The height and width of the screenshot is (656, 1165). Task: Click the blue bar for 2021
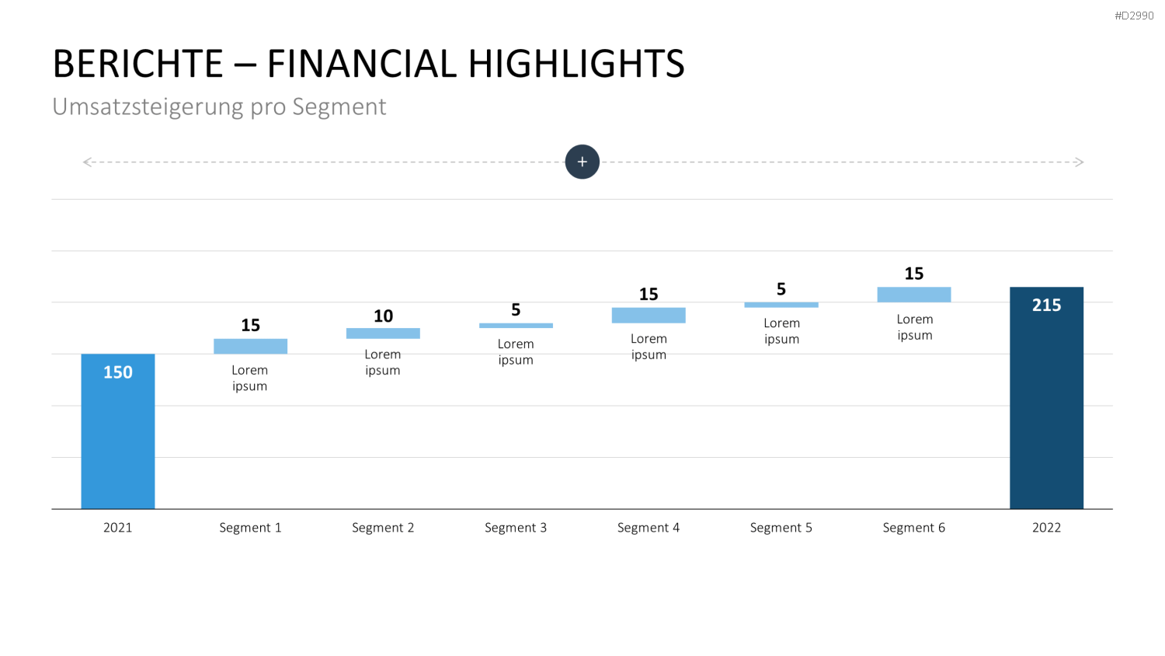[118, 431]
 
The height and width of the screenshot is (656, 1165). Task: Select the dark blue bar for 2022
[1046, 398]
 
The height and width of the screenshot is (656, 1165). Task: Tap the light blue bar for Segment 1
[250, 346]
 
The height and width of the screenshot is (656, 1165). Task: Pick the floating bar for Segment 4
[649, 316]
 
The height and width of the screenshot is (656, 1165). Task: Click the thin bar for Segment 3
[516, 326]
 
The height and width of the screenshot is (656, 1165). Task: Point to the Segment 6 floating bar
[914, 295]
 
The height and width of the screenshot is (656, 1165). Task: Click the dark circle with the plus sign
[582, 162]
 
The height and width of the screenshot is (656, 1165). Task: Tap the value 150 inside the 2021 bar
[118, 372]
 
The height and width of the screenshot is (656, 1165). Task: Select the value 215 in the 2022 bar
[1046, 305]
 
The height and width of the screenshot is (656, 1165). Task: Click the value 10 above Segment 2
[384, 316]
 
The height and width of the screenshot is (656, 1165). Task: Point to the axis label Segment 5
[781, 528]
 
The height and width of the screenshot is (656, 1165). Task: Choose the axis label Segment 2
[384, 528]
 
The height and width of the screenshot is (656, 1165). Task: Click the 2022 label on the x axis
[1046, 528]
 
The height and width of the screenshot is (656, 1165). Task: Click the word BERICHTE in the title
[137, 64]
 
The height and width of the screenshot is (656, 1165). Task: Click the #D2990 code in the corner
[1134, 16]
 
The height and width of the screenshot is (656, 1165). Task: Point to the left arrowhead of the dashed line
[86, 162]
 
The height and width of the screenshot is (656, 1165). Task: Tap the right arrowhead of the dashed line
[1080, 162]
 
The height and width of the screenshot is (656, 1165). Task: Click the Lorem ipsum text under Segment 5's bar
[781, 331]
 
